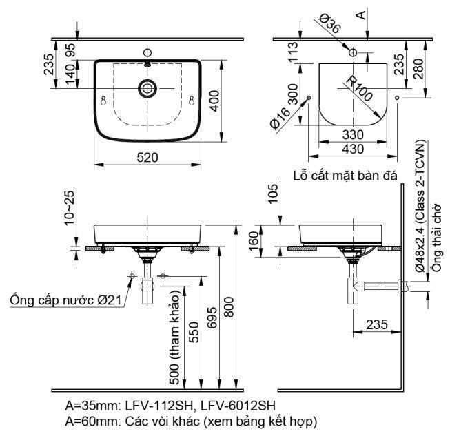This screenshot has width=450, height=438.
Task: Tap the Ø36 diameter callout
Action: (x=329, y=25)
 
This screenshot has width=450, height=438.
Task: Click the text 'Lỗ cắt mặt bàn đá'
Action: (x=347, y=175)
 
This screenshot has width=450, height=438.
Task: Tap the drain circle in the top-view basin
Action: (x=147, y=87)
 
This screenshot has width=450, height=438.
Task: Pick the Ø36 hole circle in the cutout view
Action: (x=353, y=52)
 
